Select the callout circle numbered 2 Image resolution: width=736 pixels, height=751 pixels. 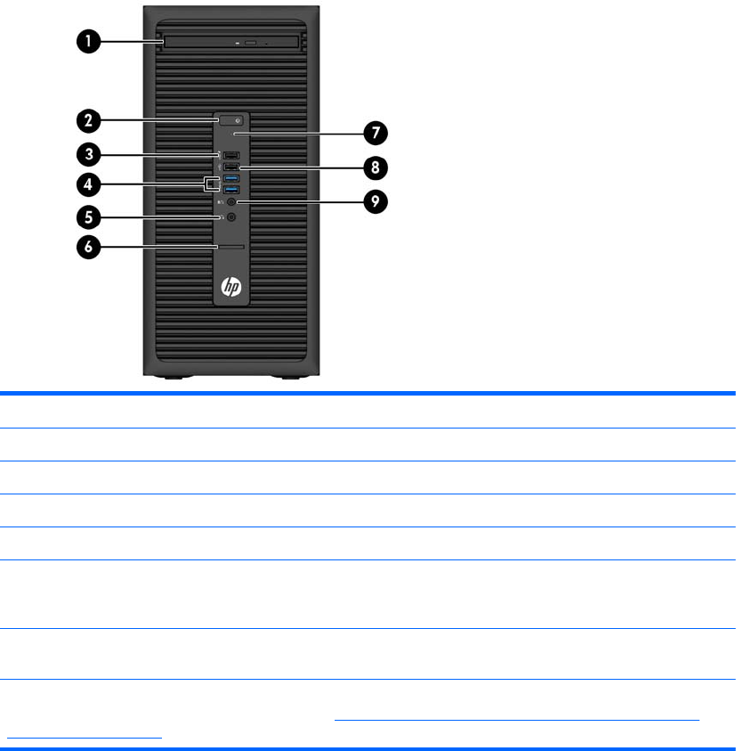[87, 120]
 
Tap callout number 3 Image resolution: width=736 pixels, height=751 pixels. [87, 155]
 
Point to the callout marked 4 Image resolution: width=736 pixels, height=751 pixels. [87, 185]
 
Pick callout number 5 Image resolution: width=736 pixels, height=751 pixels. [87, 216]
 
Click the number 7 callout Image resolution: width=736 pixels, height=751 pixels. [375, 134]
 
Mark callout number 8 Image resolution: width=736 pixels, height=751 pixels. [375, 167]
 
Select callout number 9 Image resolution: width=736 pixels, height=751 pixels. [375, 202]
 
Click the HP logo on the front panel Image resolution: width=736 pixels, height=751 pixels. [231, 288]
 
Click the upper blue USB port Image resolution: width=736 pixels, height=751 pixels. [231, 179]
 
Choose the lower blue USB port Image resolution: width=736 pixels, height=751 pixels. [231, 190]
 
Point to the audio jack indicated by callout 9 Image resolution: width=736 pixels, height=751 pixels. [231, 202]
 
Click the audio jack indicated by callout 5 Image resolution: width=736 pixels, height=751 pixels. [231, 216]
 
